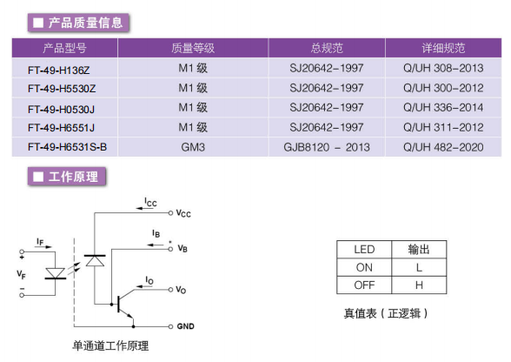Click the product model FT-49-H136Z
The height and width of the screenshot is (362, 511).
click(x=59, y=70)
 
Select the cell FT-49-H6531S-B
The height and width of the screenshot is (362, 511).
click(x=67, y=147)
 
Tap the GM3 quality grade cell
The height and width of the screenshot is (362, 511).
click(x=193, y=147)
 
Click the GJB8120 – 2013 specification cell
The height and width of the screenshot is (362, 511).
click(x=327, y=147)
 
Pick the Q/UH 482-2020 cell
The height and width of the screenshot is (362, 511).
click(x=443, y=147)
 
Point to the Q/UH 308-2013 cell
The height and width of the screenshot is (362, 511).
click(x=443, y=68)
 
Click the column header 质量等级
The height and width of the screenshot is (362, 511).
click(x=193, y=48)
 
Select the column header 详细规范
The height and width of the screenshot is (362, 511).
click(x=443, y=48)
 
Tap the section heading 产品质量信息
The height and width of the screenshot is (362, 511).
click(x=85, y=23)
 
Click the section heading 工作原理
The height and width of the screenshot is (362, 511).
click(x=73, y=177)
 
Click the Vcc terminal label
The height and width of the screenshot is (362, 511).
click(x=183, y=213)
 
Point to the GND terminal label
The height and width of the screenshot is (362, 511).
click(x=185, y=326)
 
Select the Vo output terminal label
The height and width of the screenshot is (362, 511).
click(x=181, y=290)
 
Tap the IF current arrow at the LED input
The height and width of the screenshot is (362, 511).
click(x=43, y=247)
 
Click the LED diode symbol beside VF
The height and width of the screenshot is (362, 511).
click(x=55, y=273)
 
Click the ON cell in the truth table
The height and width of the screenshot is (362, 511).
click(x=364, y=267)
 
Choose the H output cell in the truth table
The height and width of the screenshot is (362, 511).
click(x=419, y=285)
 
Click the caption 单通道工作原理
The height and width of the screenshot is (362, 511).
click(x=110, y=345)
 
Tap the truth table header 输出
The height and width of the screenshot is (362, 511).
click(x=419, y=250)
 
